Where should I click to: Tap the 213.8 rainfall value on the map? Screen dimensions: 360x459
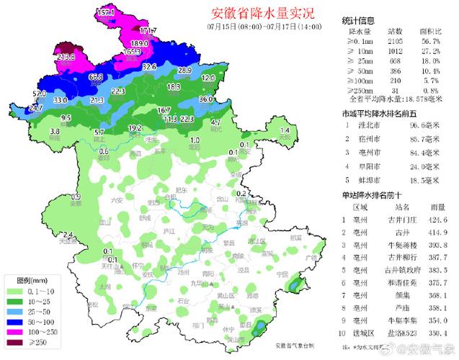tap(66, 57)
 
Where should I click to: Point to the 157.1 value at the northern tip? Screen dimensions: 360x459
tap(106, 13)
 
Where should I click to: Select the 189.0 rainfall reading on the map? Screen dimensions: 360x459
tap(139, 44)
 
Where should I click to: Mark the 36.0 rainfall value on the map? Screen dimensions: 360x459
tap(206, 99)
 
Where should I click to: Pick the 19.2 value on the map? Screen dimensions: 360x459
tap(135, 128)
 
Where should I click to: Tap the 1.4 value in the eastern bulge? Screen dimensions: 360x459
tap(284, 130)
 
